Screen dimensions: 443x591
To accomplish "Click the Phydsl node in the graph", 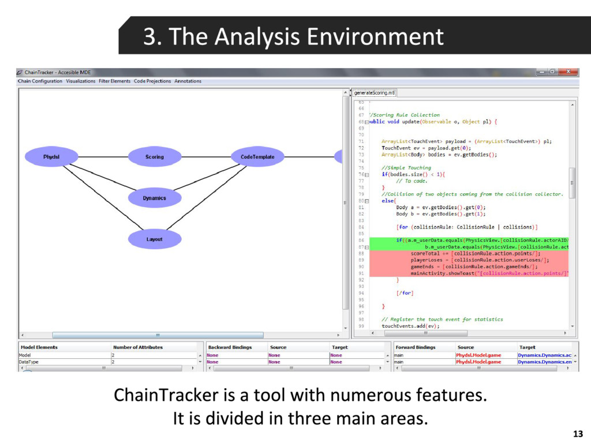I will pyautogui.click(x=51, y=156).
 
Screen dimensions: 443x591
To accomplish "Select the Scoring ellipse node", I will pyautogui.click(x=154, y=156).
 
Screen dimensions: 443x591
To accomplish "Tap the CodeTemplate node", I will pyautogui.click(x=257, y=156).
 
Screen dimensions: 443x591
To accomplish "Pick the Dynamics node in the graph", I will pyautogui.click(x=154, y=198).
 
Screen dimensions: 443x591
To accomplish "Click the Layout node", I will pyautogui.click(x=154, y=239).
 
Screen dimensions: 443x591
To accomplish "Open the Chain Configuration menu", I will pyautogui.click(x=40, y=81).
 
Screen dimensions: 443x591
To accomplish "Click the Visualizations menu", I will pyautogui.click(x=80, y=81).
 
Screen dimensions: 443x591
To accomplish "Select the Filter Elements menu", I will pyautogui.click(x=114, y=81).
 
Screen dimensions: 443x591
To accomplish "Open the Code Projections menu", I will pyautogui.click(x=152, y=81).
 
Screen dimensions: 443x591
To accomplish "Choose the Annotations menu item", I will pyautogui.click(x=188, y=81).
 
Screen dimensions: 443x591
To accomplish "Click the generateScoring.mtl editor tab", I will pyautogui.click(x=374, y=92).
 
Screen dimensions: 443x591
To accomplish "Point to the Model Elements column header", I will pyautogui.click(x=39, y=347).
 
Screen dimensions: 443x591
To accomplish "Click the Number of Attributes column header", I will pyautogui.click(x=138, y=347).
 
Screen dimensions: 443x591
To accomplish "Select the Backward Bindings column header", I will pyautogui.click(x=230, y=347).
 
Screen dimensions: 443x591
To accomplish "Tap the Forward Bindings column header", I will pyautogui.click(x=416, y=347).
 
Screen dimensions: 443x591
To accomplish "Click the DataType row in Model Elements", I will pyautogui.click(x=28, y=362).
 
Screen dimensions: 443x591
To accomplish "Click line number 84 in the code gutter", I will pyautogui.click(x=361, y=227).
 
